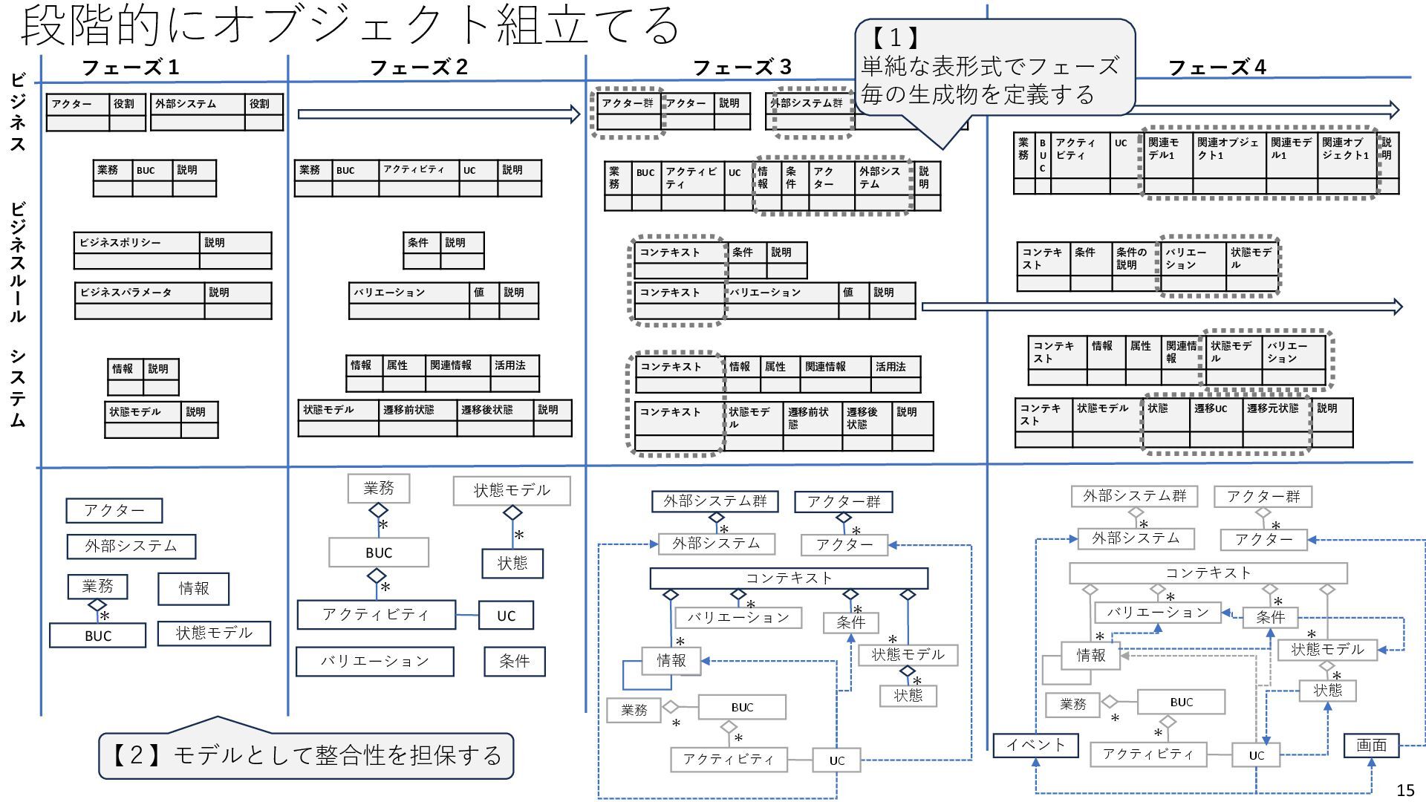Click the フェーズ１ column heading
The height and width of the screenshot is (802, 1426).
pyautogui.click(x=131, y=68)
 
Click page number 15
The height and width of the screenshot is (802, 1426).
pyautogui.click(x=1405, y=790)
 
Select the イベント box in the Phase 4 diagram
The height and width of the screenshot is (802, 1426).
pyautogui.click(x=1035, y=745)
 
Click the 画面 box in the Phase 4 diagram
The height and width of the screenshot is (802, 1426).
pyautogui.click(x=1371, y=745)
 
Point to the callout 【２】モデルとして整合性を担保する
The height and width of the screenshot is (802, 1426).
pyautogui.click(x=306, y=755)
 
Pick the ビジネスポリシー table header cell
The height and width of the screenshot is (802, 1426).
pyautogui.click(x=137, y=243)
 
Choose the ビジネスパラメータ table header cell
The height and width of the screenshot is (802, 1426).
pyautogui.click(x=140, y=293)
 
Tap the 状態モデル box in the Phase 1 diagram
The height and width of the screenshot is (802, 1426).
pyautogui.click(x=214, y=633)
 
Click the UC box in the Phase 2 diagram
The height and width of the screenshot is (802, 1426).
pyautogui.click(x=506, y=616)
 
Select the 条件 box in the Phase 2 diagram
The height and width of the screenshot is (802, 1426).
pyautogui.click(x=514, y=662)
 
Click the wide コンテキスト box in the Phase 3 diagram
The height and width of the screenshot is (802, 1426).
pyautogui.click(x=789, y=578)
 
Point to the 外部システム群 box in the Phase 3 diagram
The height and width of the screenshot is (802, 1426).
pyautogui.click(x=714, y=501)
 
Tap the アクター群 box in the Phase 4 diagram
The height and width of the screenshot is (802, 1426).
pyautogui.click(x=1263, y=496)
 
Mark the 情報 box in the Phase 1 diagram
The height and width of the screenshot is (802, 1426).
pyautogui.click(x=193, y=589)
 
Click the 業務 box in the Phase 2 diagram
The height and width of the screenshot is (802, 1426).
pyautogui.click(x=379, y=489)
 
